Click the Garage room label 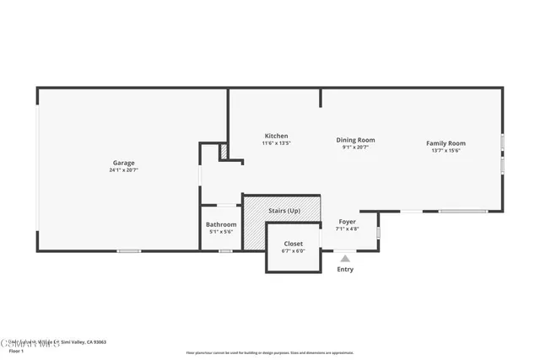(124, 163)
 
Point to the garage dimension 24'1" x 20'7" (124, 170)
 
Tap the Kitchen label (276, 136)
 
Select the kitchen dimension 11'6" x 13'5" (276, 143)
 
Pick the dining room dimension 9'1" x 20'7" (355, 148)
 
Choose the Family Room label (445, 143)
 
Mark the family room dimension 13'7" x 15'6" (445, 151)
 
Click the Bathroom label (221, 224)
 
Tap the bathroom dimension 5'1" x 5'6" (221, 232)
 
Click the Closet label (293, 244)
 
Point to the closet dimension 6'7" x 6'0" (293, 251)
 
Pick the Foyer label (347, 222)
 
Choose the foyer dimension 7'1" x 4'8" (347, 228)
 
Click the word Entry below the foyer (345, 270)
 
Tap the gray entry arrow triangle (345, 259)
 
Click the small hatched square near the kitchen (224, 152)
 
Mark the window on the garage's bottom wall (128, 250)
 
